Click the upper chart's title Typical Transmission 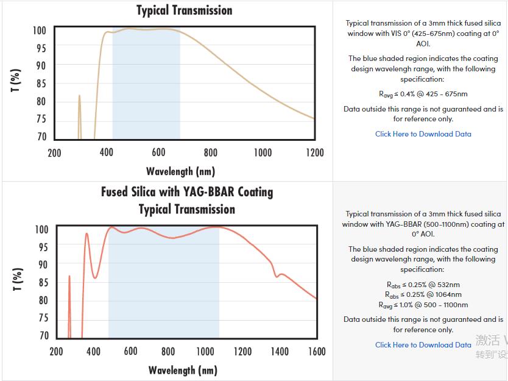coord(184,10)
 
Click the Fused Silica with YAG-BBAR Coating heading coord(187,192)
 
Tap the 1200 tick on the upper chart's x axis coord(315,152)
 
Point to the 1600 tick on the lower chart coord(317,351)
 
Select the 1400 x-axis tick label coord(280,351)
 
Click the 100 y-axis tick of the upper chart coord(39,30)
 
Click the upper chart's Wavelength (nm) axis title coord(180,171)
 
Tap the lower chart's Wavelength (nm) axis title coord(183,370)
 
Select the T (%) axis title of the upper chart coord(16,80)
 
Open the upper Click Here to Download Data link coord(423,134)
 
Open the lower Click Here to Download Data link coord(423,344)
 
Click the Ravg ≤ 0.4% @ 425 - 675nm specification coord(423,94)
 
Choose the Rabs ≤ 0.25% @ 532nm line coord(423,284)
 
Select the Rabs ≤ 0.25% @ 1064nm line coord(423,294)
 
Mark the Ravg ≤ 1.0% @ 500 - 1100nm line coord(423,305)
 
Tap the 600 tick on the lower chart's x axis coord(130,351)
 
